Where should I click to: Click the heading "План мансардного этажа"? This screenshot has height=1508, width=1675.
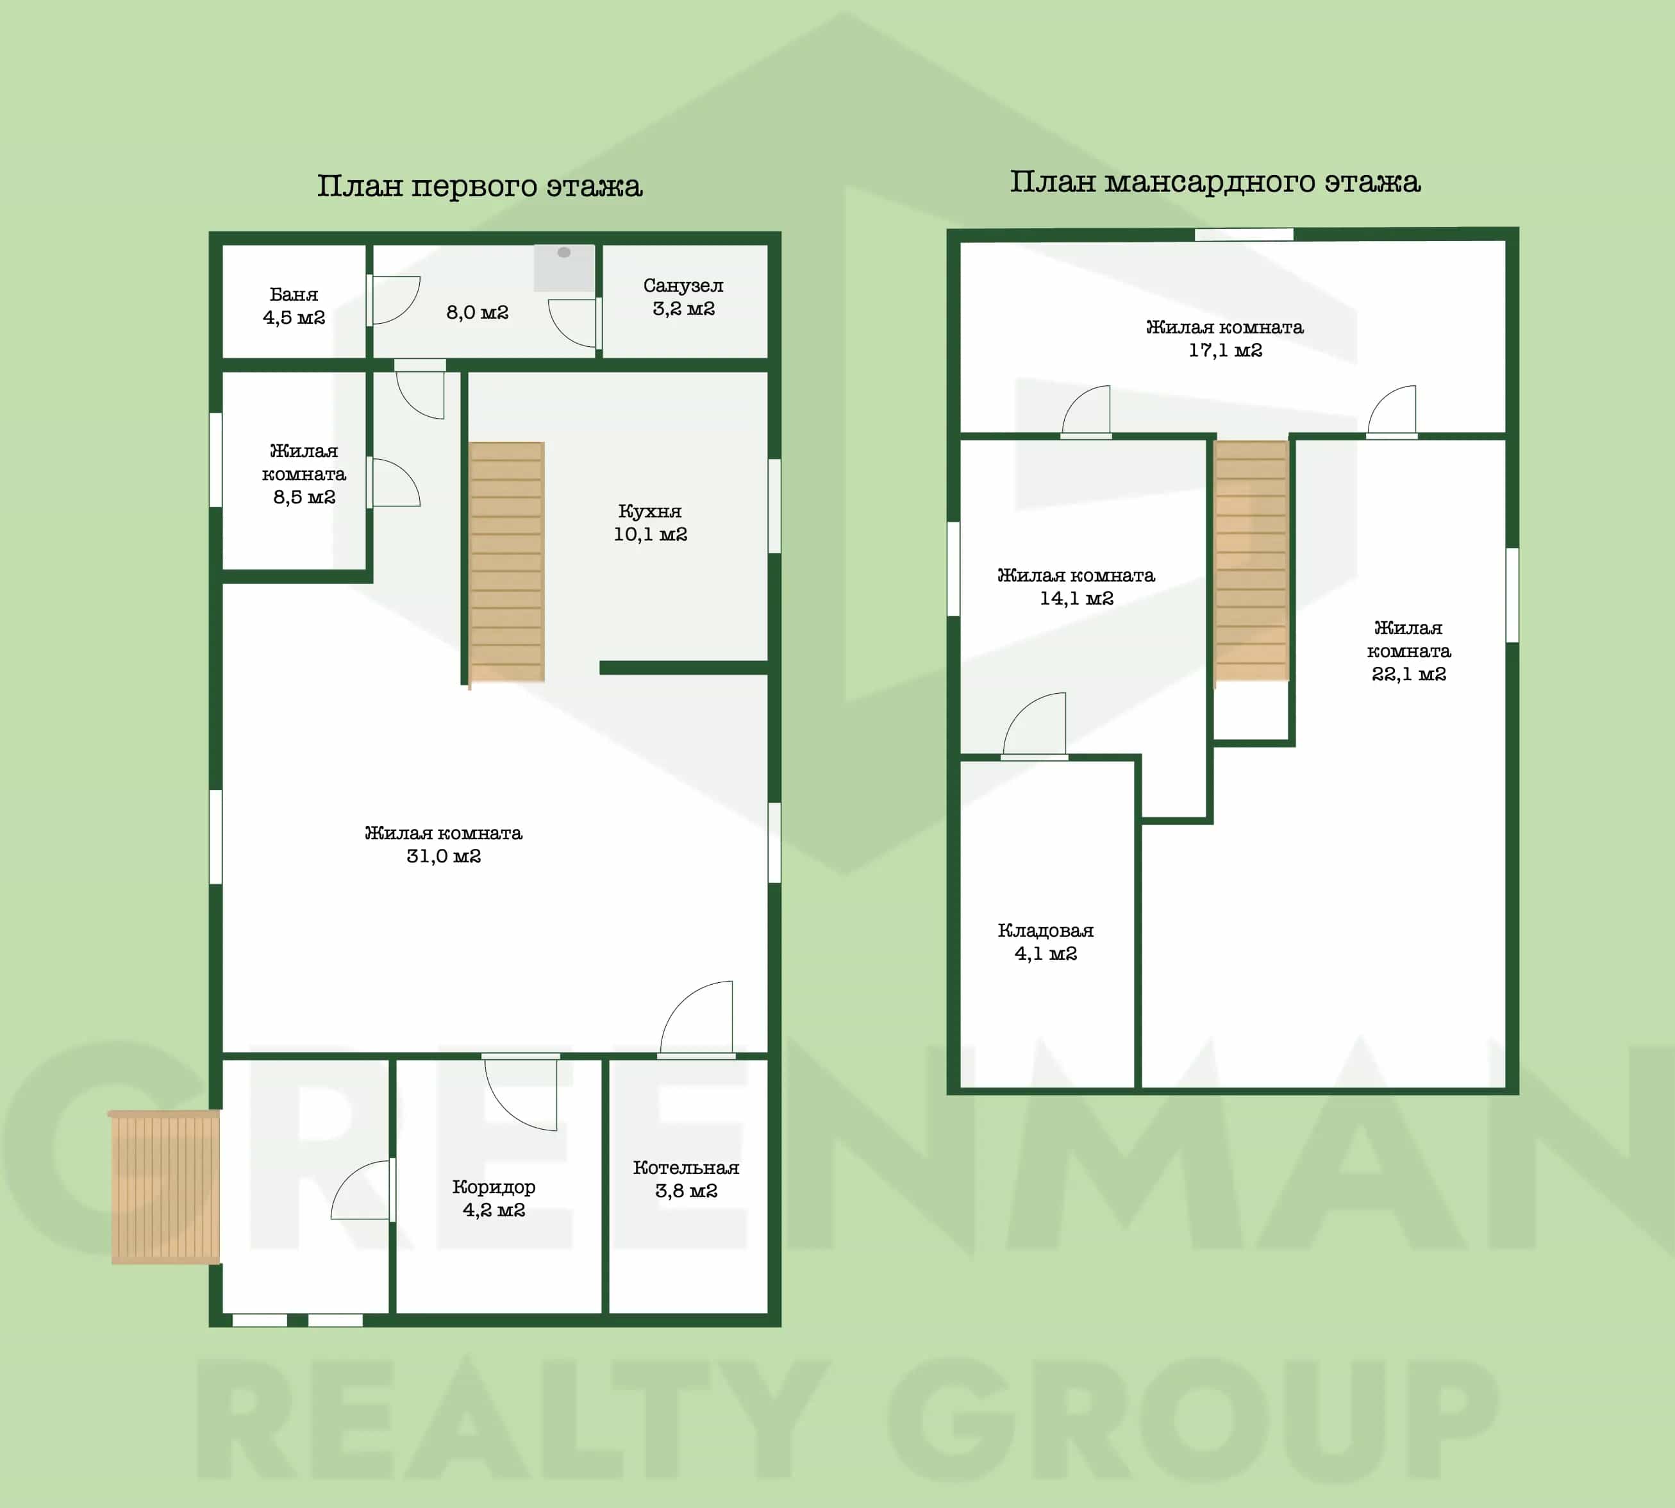pos(1215,182)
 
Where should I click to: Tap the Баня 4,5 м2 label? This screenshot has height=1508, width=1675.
pos(294,306)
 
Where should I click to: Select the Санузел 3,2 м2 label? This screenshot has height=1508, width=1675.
pos(683,297)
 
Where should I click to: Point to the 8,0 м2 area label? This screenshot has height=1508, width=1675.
pos(477,312)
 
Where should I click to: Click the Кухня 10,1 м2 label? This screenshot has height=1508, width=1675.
pos(650,523)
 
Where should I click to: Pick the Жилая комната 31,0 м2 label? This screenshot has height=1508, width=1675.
pos(444,844)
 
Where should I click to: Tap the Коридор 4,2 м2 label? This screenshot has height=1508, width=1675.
pos(494,1198)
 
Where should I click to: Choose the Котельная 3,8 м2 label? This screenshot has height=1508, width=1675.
pos(686,1179)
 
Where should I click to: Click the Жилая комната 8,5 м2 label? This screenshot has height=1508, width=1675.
pos(304,474)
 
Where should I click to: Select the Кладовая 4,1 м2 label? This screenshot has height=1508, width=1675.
pos(1046,942)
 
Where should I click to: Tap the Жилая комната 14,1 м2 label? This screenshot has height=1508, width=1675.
pos(1076,587)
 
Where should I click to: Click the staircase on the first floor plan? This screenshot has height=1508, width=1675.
pos(506,562)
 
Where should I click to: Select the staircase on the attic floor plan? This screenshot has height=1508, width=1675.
pos(1251,561)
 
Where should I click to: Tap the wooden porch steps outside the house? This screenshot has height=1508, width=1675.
pos(165,1187)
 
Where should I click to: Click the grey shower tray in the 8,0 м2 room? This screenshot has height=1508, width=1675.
pos(564,267)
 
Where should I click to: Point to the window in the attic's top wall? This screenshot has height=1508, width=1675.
pos(1244,235)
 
